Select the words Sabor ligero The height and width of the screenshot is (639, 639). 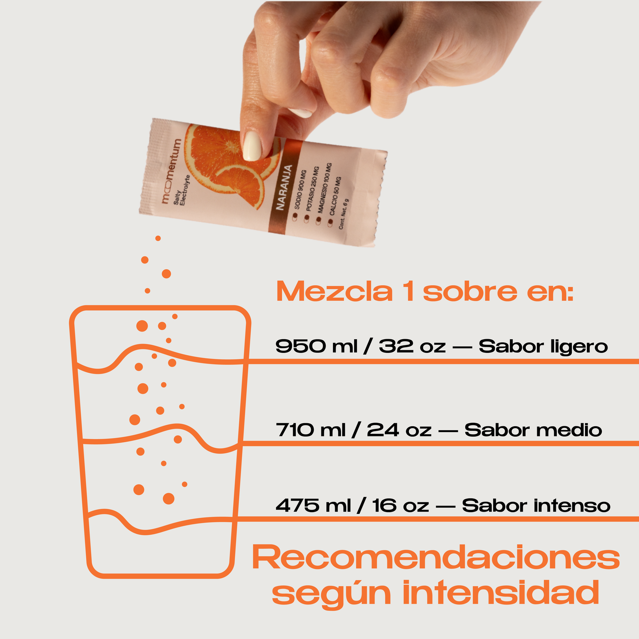pyautogui.click(x=543, y=346)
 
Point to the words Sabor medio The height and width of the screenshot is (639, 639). pyautogui.click(x=533, y=430)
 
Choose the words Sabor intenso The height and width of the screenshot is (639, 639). pyautogui.click(x=536, y=505)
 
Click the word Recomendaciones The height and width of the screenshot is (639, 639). pyautogui.click(x=436, y=559)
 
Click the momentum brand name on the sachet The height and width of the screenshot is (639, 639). pyautogui.click(x=171, y=171)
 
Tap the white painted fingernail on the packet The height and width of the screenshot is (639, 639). pyautogui.click(x=253, y=145)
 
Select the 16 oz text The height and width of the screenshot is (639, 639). pyautogui.click(x=401, y=505)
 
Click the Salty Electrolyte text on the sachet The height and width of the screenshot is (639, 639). pyautogui.click(x=182, y=191)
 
